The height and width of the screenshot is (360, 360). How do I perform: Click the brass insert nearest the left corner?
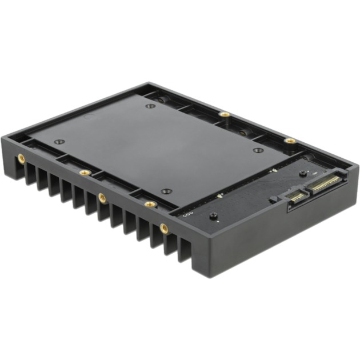tap(21, 157)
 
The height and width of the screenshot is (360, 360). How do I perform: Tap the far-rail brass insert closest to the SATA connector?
tap(290, 140)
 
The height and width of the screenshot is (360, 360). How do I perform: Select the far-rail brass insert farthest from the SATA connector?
tap(225, 114)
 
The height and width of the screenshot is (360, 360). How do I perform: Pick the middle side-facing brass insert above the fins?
tap(102, 197)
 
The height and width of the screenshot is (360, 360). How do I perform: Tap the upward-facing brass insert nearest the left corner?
tap(85, 172)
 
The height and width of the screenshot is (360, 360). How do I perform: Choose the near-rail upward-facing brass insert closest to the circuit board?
tap(150, 203)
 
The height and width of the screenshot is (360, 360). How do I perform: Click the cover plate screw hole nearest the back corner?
tap(150, 106)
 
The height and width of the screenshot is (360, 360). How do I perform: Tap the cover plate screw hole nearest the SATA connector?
tap(258, 150)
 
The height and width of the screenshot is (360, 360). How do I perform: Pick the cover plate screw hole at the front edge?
tap(166, 191)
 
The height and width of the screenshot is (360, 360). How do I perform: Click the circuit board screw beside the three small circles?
tap(213, 217)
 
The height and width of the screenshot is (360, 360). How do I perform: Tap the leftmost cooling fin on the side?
tap(30, 173)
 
